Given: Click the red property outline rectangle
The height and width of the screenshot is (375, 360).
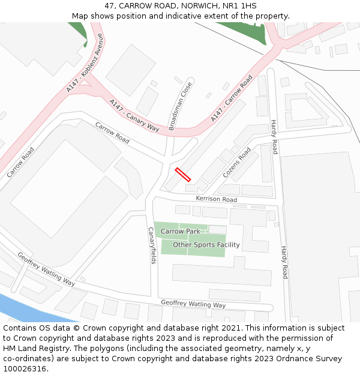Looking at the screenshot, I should pos(183,175).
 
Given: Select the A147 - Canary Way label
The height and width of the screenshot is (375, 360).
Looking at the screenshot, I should pos(134,116).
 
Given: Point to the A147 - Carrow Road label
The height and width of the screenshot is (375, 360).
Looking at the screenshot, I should pos(231,99).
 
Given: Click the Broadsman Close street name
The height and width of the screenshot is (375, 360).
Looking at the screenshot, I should pos(181,106).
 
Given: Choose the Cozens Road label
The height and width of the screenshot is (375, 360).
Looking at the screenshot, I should pos(236,163).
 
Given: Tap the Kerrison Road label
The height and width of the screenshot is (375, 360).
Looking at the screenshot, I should pos(216,199).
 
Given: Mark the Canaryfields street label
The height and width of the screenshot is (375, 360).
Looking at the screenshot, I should pos(152,245).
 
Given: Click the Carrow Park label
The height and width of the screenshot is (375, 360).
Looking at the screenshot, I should pos(180,231).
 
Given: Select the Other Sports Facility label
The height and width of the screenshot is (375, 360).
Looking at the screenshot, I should pos(206,245).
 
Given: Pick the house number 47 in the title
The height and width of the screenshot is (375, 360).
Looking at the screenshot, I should pos(109,5).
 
